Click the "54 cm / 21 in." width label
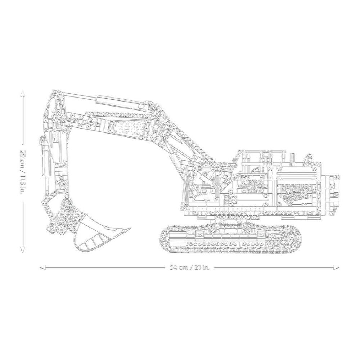(x=190, y=267)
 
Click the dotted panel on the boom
(x=130, y=126)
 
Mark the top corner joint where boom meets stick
(x=54, y=96)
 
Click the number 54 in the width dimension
(x=174, y=267)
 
